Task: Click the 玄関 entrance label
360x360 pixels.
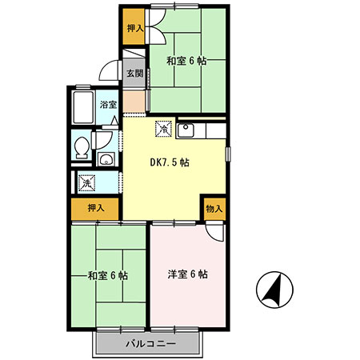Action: [x=134, y=73]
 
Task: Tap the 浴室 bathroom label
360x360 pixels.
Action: [x=108, y=105]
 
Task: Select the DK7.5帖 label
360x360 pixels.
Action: [x=170, y=162]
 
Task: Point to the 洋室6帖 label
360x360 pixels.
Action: [x=188, y=274]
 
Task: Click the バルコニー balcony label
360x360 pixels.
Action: [x=150, y=343]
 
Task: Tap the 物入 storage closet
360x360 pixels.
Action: [x=214, y=209]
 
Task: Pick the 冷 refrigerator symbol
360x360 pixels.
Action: [x=163, y=129]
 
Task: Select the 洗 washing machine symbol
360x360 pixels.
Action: [x=86, y=183]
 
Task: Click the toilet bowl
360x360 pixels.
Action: [x=82, y=148]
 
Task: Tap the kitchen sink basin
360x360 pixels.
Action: [x=186, y=130]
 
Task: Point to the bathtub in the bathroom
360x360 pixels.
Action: [x=83, y=107]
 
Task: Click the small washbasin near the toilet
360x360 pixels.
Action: [x=106, y=159]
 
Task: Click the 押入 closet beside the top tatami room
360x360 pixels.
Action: [x=134, y=27]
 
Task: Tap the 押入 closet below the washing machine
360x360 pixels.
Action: [x=95, y=209]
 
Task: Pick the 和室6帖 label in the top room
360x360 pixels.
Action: [x=186, y=61]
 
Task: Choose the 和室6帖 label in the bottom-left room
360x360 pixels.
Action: [x=108, y=275]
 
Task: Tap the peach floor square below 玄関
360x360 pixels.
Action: [x=134, y=102]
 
